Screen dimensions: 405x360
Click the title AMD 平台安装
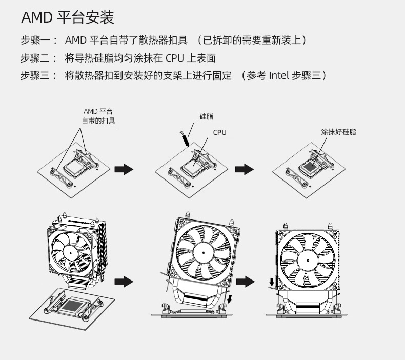(67, 18)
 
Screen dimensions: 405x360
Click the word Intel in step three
(278, 76)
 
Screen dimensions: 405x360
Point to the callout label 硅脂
(207, 117)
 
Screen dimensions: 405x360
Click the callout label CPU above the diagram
(219, 133)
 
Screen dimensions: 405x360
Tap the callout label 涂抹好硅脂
(338, 132)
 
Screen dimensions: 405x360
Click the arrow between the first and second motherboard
(124, 170)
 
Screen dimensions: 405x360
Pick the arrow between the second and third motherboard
(245, 169)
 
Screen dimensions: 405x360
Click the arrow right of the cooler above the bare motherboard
(124, 281)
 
